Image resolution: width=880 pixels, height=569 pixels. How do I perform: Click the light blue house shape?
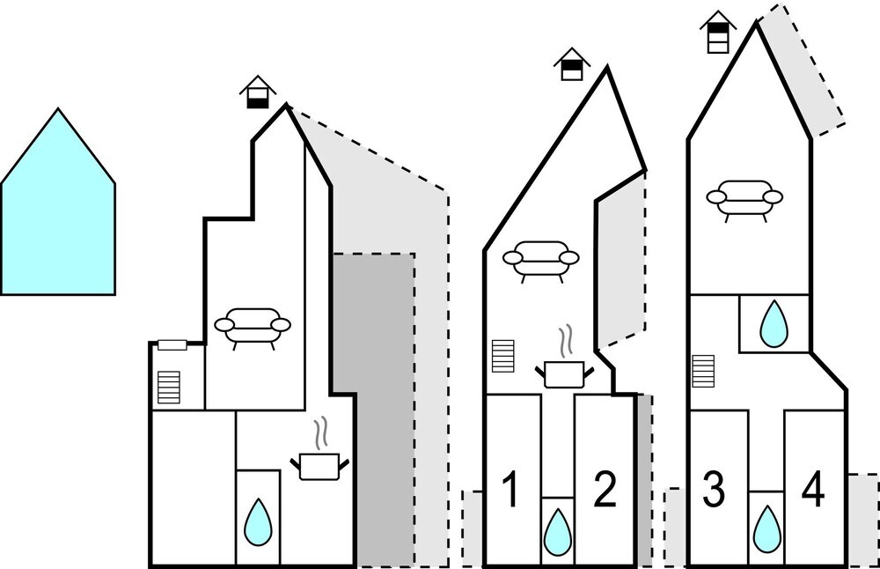tap(58, 211)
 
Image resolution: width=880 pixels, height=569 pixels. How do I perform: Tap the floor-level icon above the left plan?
tap(257, 92)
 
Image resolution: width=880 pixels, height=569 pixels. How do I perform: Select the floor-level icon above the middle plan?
tap(572, 64)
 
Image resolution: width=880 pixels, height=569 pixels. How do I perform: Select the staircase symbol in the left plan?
tap(168, 387)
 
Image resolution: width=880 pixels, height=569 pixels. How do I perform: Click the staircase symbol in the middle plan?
tap(502, 357)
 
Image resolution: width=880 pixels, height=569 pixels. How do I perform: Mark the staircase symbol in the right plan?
tap(703, 370)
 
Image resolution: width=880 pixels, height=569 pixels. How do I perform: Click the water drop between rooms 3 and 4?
tap(766, 528)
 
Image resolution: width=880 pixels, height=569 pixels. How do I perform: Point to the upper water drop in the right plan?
tap(774, 324)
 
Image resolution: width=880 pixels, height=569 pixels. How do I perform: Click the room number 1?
tap(510, 490)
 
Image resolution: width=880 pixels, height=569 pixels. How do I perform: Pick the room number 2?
tap(604, 490)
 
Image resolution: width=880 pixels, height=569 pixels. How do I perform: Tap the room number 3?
tap(714, 490)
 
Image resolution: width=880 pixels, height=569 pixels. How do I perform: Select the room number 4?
tap(813, 490)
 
